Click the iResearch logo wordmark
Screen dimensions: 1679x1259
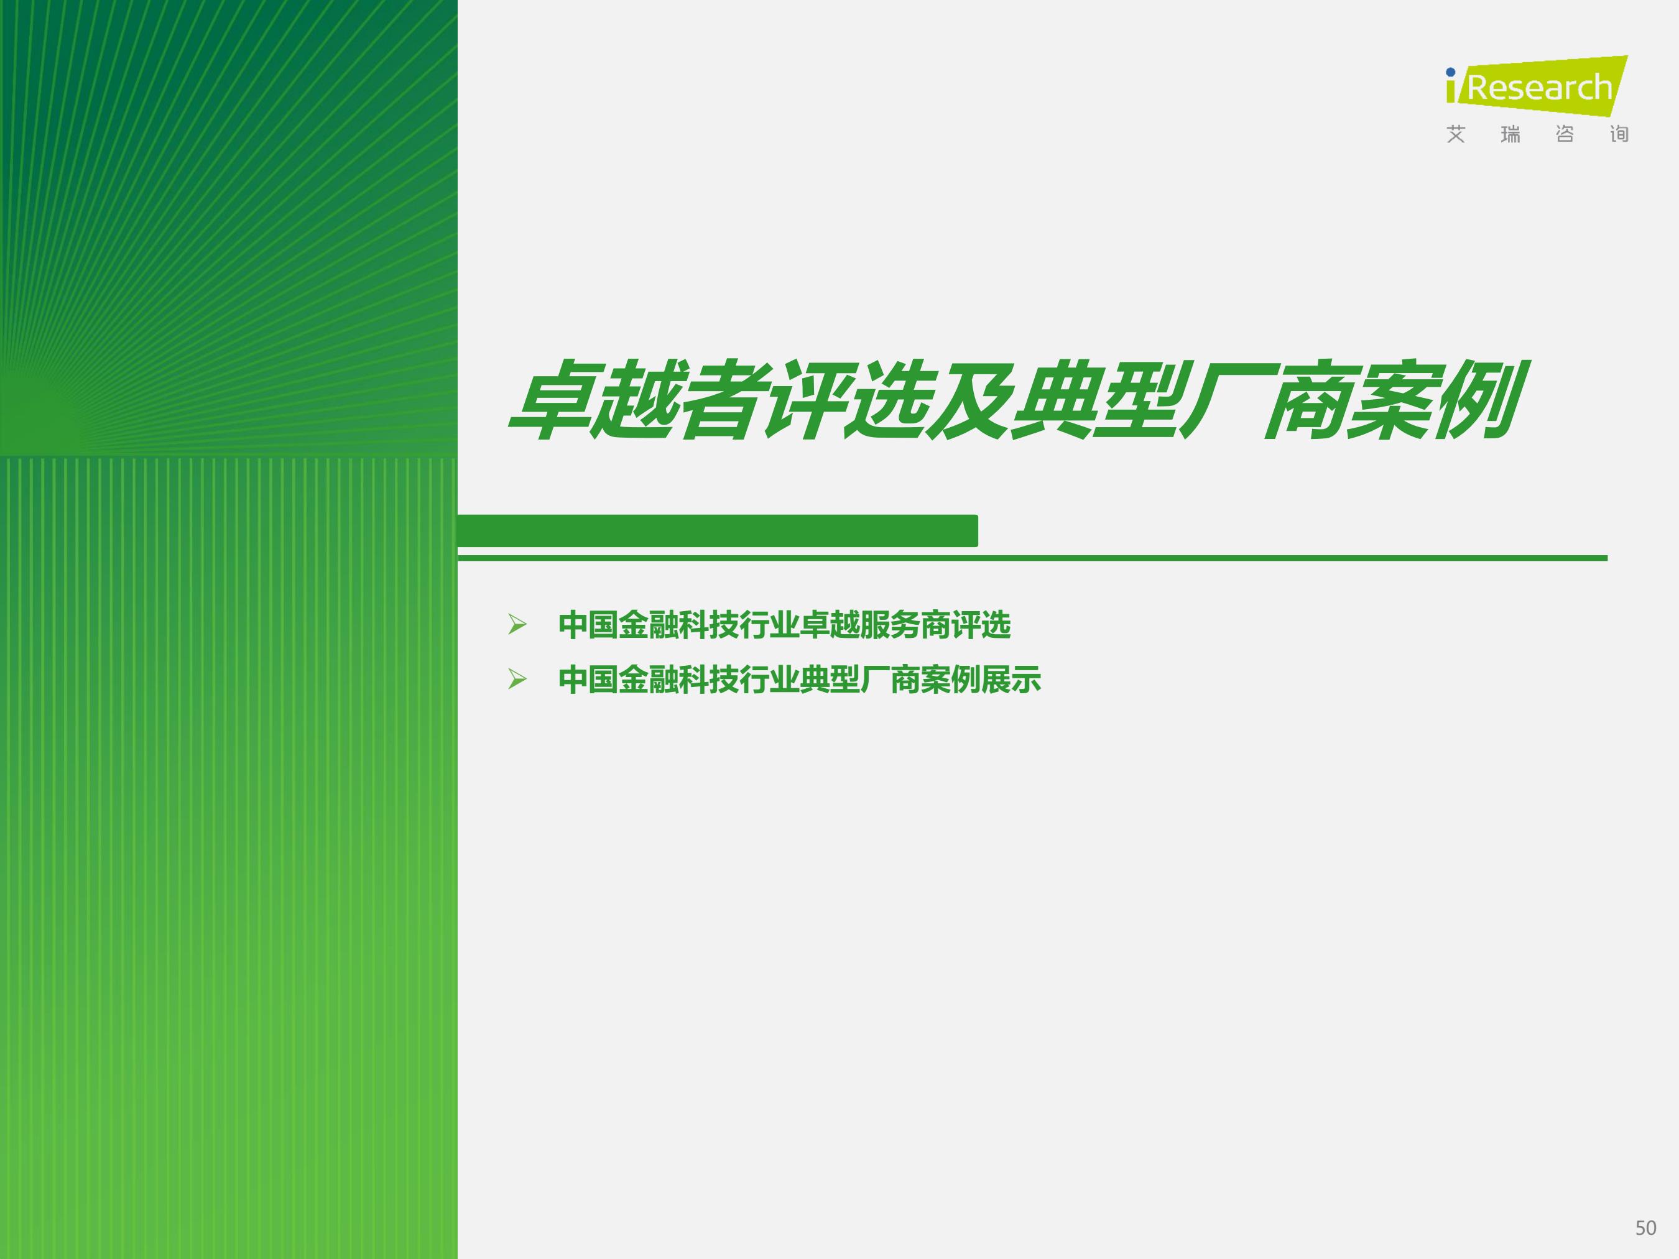[1537, 86]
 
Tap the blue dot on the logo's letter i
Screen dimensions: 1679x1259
[1451, 73]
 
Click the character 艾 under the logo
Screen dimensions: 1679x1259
[1455, 134]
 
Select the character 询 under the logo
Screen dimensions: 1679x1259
[1619, 134]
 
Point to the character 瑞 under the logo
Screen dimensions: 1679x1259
[1510, 134]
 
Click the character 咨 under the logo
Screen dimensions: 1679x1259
[1565, 134]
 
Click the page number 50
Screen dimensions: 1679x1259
[1645, 1228]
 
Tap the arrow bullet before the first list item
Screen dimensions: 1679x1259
[517, 625]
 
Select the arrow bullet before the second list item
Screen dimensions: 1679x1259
[517, 678]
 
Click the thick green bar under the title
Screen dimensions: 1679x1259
[717, 530]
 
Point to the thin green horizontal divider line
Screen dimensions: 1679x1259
[1032, 558]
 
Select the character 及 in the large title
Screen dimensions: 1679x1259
[973, 400]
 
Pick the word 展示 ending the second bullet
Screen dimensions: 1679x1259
[1011, 679]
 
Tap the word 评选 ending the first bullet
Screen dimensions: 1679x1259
[981, 625]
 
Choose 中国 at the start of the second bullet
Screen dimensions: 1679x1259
[588, 679]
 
